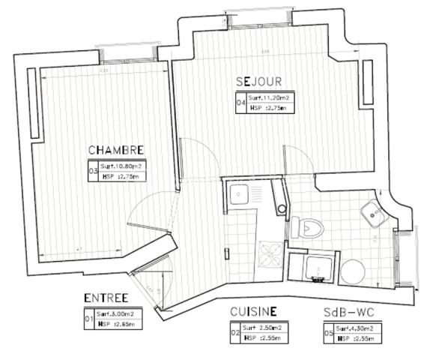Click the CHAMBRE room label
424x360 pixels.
(115, 149)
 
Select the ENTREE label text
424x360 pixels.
(106, 298)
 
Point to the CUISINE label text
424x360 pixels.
(254, 310)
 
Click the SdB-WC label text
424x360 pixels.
(348, 311)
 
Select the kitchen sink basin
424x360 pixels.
(242, 196)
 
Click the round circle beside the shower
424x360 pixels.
(351, 271)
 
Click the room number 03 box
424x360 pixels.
(94, 171)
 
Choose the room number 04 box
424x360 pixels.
(241, 103)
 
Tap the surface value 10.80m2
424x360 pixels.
(122, 166)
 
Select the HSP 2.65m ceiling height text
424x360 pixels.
(116, 325)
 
